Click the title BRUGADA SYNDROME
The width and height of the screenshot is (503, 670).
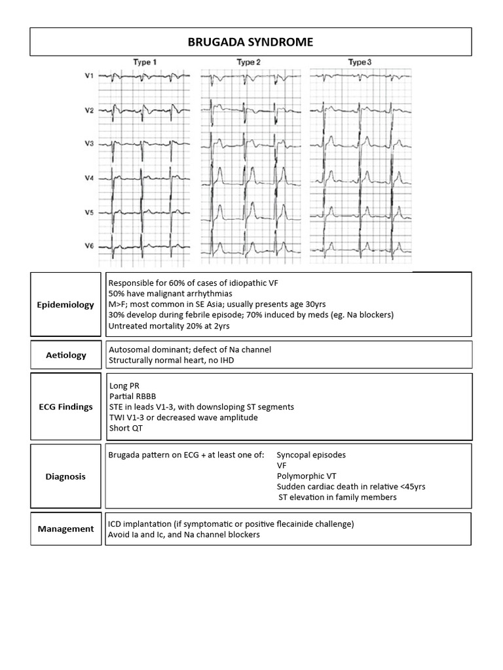click(251, 43)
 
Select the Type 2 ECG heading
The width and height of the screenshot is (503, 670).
click(249, 62)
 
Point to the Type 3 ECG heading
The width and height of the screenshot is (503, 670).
click(360, 62)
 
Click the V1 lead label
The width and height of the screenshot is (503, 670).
click(89, 77)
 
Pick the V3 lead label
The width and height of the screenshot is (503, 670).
click(89, 143)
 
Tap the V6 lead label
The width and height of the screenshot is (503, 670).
click(89, 245)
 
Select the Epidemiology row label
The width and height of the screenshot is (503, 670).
click(65, 305)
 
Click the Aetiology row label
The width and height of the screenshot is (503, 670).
click(65, 355)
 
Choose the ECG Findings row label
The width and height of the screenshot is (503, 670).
click(65, 406)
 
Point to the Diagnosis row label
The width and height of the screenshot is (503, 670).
click(65, 476)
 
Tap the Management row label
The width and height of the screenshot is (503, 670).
click(65, 529)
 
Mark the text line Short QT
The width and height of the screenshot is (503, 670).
click(125, 428)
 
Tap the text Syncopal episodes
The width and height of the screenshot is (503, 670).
click(312, 455)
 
